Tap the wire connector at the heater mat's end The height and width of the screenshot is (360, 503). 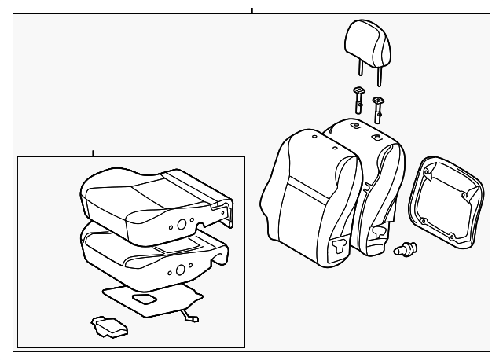pyautogui.click(x=191, y=316)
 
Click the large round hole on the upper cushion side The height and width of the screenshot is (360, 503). pyautogui.click(x=182, y=224)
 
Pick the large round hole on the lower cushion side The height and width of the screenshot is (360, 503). pyautogui.click(x=181, y=270)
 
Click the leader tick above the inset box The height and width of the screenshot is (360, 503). pyautogui.click(x=93, y=152)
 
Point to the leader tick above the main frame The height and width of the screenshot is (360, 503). pyautogui.click(x=251, y=11)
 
